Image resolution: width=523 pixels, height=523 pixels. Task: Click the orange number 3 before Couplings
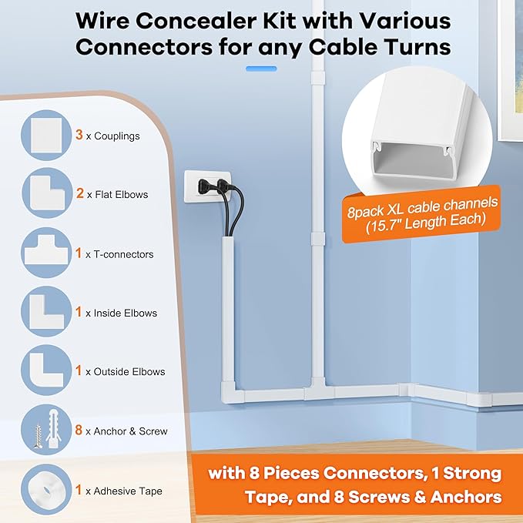pos(79,136)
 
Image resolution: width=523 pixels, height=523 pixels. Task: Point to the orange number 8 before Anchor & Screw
pos(79,430)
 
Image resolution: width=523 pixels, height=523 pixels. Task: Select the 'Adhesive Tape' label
pos(128,490)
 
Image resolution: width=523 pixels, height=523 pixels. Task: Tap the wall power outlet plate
pos(206,189)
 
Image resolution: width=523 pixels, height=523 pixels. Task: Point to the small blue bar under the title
pos(260,69)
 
